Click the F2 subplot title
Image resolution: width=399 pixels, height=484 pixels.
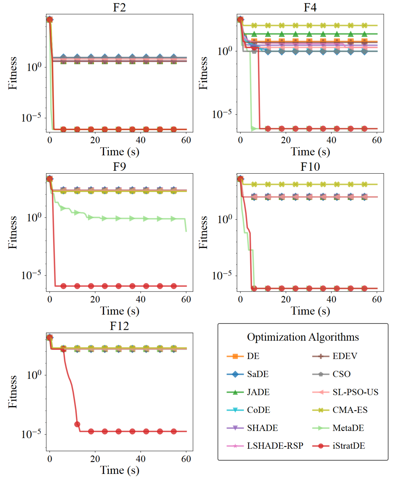(119, 7)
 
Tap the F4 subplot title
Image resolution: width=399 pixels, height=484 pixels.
(310, 7)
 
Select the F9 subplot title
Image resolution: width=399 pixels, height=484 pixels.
(119, 167)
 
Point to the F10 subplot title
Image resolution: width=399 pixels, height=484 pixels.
(310, 167)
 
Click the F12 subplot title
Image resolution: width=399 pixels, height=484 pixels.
(119, 326)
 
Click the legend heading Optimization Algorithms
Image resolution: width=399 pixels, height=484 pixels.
(303, 337)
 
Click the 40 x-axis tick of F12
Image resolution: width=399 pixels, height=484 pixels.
(141, 459)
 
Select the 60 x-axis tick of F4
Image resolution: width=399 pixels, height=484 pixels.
(377, 140)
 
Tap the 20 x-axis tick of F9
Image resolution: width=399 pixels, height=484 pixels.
(95, 300)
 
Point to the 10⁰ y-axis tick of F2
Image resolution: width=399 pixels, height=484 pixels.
(34, 67)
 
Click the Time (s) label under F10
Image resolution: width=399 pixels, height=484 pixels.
(310, 311)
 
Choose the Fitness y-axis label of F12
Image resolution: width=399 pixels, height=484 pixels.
(13, 392)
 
